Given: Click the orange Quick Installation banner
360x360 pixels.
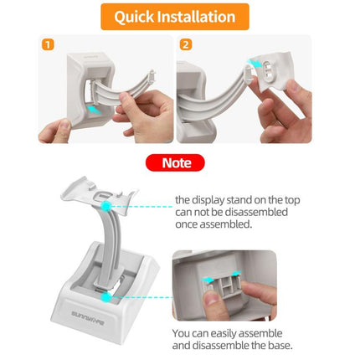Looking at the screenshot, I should point(180,17).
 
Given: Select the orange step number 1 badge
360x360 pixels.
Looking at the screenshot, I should point(49,46).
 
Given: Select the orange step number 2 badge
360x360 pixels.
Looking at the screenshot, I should point(186,46).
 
